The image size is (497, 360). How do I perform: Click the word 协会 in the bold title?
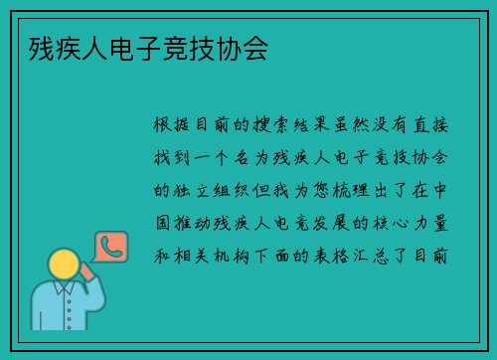pyautogui.click(x=244, y=46)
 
